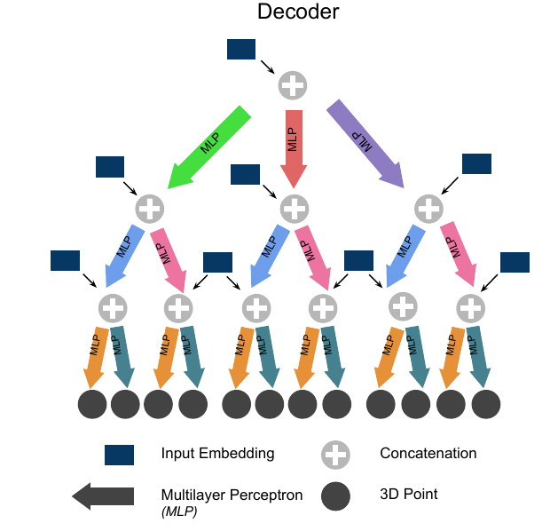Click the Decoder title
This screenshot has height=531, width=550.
[297, 12]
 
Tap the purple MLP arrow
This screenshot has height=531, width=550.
[364, 143]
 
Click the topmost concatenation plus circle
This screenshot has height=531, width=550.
[293, 86]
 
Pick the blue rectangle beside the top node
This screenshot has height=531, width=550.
[241, 50]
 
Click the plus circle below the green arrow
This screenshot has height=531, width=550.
[150, 210]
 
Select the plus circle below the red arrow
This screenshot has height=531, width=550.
[294, 210]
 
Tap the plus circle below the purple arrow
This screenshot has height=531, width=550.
[429, 210]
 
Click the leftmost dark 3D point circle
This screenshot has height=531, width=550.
[92, 404]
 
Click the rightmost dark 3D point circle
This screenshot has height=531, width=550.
[486, 404]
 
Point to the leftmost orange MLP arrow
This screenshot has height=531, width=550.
[96, 354]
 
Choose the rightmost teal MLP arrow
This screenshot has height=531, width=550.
[479, 354]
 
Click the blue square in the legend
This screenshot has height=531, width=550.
[119, 455]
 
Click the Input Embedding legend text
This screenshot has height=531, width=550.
[217, 454]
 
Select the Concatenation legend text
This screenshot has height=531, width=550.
[428, 454]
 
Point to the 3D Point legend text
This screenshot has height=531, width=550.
[408, 495]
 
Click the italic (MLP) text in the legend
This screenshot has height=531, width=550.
[180, 511]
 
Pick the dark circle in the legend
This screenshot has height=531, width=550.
[335, 495]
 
